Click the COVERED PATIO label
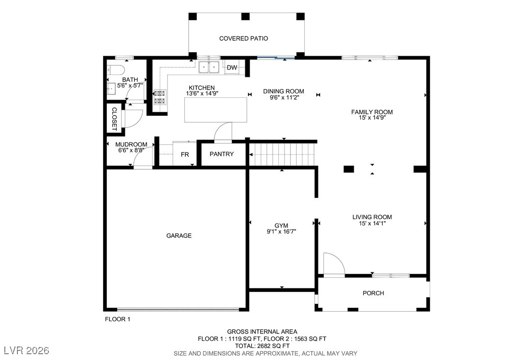pyautogui.click(x=243, y=38)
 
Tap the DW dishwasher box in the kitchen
pyautogui.click(x=232, y=67)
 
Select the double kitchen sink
pyautogui.click(x=209, y=67)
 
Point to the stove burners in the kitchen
pyautogui.click(x=160, y=97)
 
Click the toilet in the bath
pyautogui.click(x=116, y=70)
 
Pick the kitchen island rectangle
pyautogui.click(x=216, y=110)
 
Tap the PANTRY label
pyautogui.click(x=222, y=154)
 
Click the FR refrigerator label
pyautogui.click(x=185, y=154)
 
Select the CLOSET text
pyautogui.click(x=114, y=119)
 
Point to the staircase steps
pyautogui.click(x=282, y=154)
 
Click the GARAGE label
pyautogui.click(x=179, y=236)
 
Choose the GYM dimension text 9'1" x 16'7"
pyautogui.click(x=281, y=232)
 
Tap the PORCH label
pyautogui.click(x=374, y=293)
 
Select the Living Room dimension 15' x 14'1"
pyautogui.click(x=372, y=224)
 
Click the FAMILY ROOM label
pyautogui.click(x=372, y=112)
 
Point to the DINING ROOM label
pyautogui.click(x=284, y=91)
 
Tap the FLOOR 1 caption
pyautogui.click(x=118, y=319)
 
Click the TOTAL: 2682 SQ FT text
pyautogui.click(x=262, y=345)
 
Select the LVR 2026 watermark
pyautogui.click(x=27, y=350)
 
